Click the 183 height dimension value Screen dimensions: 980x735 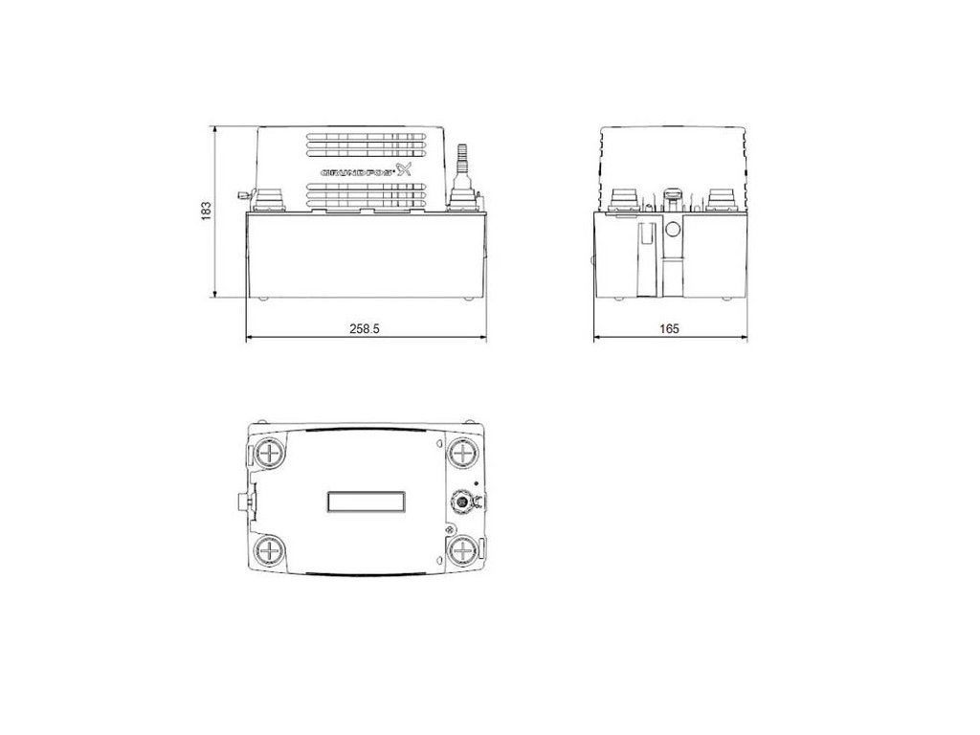point(206,211)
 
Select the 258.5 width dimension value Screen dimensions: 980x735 point(365,329)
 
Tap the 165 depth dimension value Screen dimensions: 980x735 point(669,329)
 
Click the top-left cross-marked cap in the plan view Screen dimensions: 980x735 point(270,452)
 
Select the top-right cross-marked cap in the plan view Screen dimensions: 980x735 point(462,452)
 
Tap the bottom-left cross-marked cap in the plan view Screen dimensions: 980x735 point(270,550)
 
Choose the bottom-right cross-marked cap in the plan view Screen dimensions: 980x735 point(462,550)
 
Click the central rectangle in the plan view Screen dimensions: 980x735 point(367,501)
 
